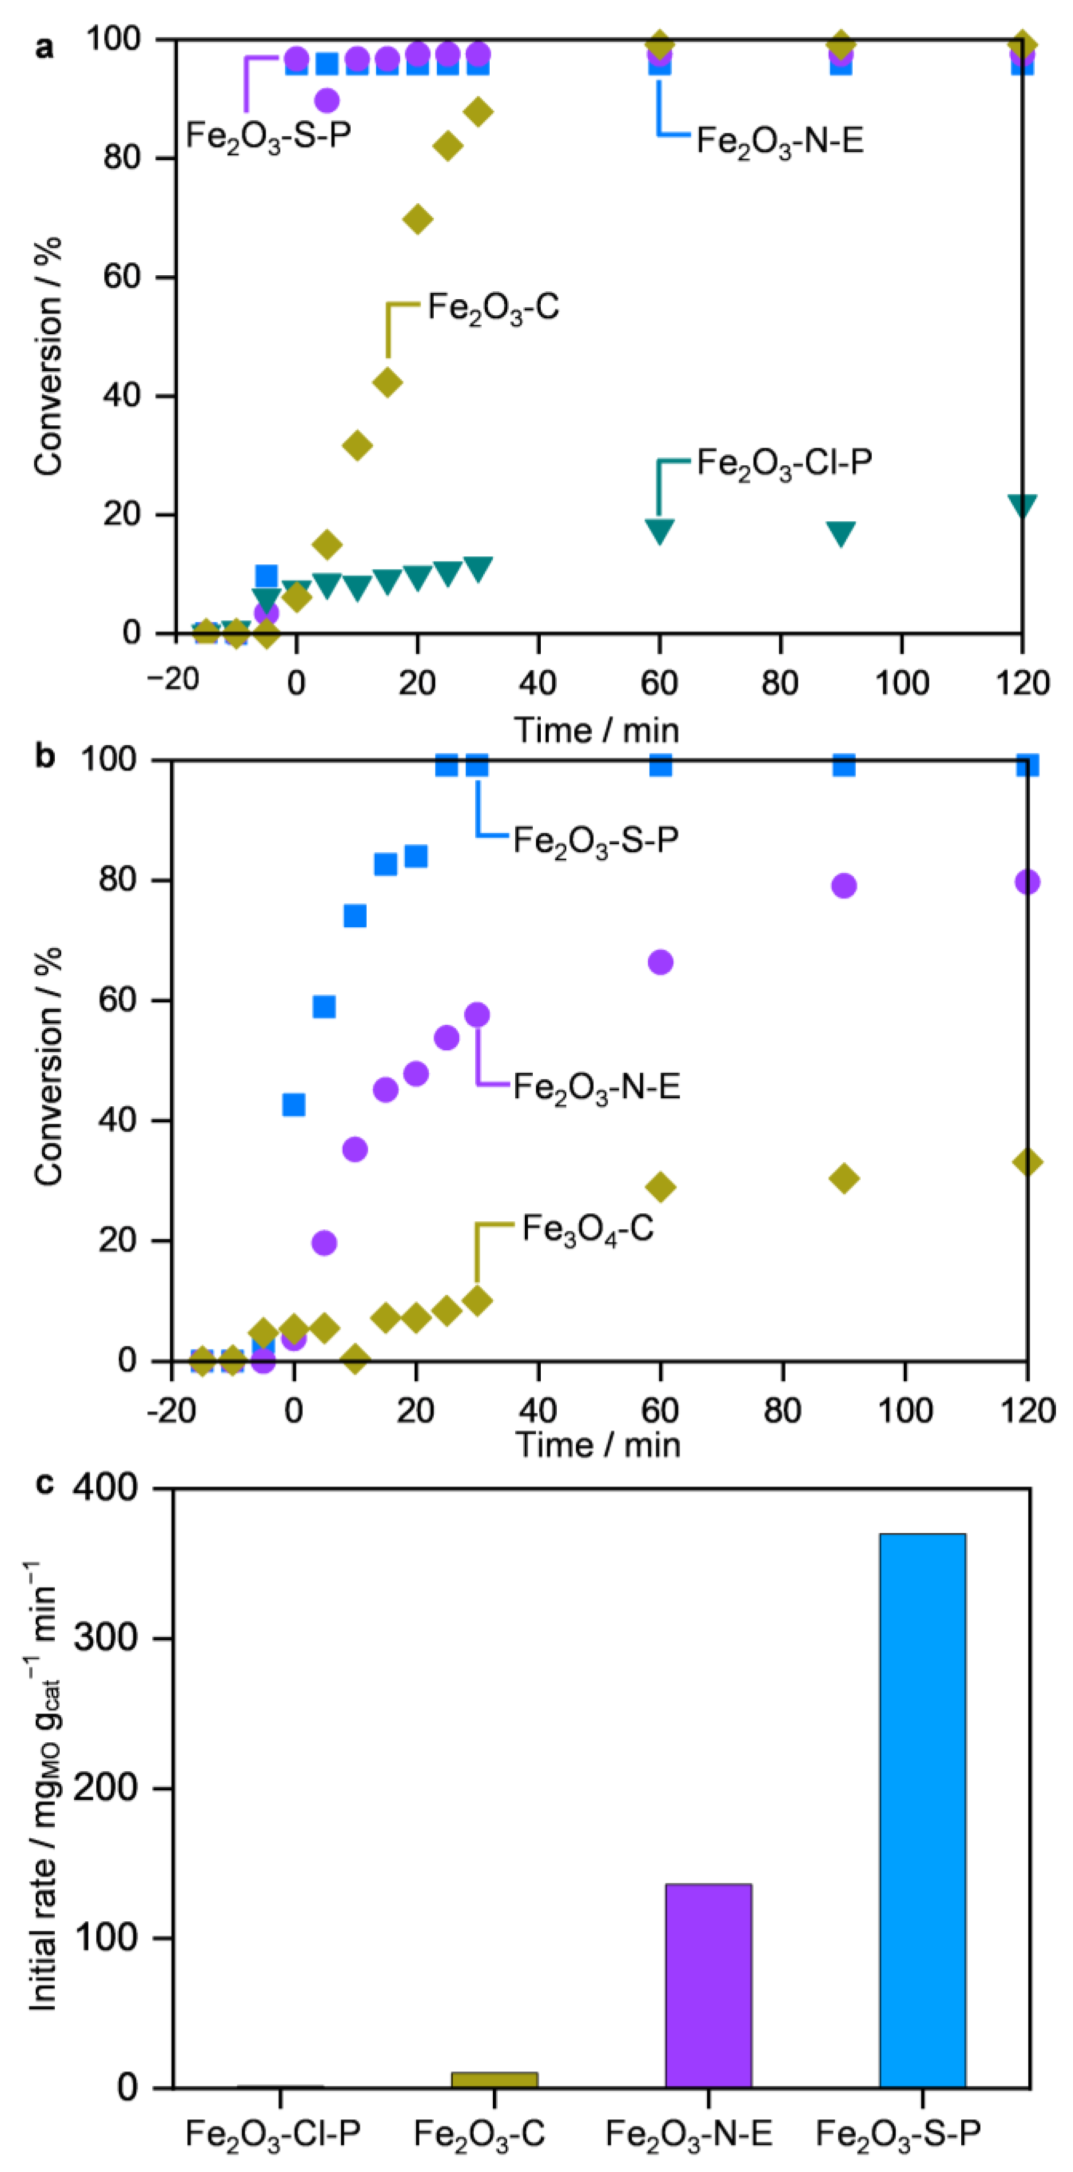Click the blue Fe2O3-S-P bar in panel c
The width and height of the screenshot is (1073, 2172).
[922, 1813]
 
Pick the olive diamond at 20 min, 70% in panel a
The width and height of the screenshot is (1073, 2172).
[417, 219]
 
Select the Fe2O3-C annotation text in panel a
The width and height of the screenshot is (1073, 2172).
[493, 307]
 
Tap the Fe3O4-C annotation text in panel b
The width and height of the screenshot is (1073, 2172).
[588, 1229]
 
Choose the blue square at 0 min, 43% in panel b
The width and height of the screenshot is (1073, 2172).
[293, 1105]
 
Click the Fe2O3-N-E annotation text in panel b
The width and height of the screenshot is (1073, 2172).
[596, 1086]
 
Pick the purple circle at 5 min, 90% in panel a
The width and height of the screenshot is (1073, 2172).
[327, 100]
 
